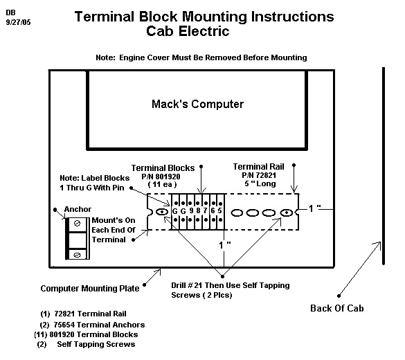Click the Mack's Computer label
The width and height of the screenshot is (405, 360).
point(197,104)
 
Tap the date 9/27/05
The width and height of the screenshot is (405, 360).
point(18,22)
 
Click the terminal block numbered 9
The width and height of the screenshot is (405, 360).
point(190,212)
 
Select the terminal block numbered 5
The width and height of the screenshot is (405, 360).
point(219,212)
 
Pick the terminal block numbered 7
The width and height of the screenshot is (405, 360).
point(206,212)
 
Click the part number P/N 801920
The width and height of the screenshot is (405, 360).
point(161,177)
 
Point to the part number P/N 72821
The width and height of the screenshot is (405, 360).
point(259,175)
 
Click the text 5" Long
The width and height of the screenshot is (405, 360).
point(260,183)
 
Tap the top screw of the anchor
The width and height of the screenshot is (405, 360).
point(77,223)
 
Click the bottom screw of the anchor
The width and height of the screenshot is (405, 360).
point(77,255)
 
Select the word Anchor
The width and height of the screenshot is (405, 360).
point(78,209)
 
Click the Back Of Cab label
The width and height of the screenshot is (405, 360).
point(337,308)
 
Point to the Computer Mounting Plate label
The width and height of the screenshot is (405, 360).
point(90,288)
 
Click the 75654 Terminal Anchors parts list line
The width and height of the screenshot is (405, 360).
point(92,325)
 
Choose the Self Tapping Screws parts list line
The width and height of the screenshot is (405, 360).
point(87,344)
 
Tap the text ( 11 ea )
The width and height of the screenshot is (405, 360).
point(162,184)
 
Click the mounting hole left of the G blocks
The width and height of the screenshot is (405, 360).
point(162,212)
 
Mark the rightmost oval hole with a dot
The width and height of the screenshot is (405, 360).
point(286,213)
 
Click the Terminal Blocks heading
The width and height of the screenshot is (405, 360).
point(163,168)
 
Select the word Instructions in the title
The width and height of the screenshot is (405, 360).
point(292,17)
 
